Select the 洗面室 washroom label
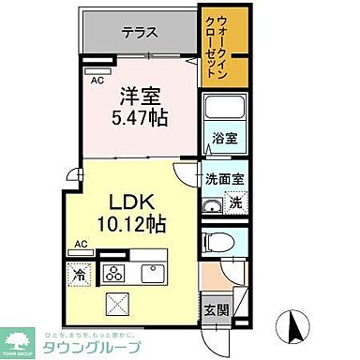pos(225,177)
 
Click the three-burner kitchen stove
pos(113,275)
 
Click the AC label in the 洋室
pos(97,80)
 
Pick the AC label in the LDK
pos(81,245)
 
